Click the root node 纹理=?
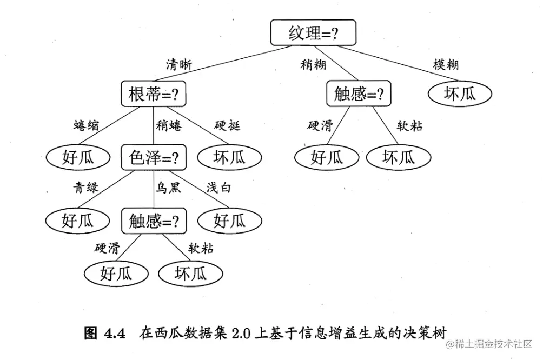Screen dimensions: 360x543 pos(313,34)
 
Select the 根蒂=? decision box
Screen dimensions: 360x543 pos(153,94)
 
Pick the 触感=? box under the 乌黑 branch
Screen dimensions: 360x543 pos(154,221)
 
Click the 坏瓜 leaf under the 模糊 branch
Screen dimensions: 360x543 pos(460,94)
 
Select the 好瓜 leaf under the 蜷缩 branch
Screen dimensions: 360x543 pos(78,157)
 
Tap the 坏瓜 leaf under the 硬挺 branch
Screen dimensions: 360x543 pos(229,157)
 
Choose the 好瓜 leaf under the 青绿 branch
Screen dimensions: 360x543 pos(78,221)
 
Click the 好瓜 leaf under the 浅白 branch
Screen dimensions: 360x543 pos(229,221)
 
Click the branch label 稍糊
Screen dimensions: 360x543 pos(313,65)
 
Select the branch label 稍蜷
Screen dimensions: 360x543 pos(169,126)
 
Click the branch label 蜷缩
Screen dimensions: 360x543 pos(86,126)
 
